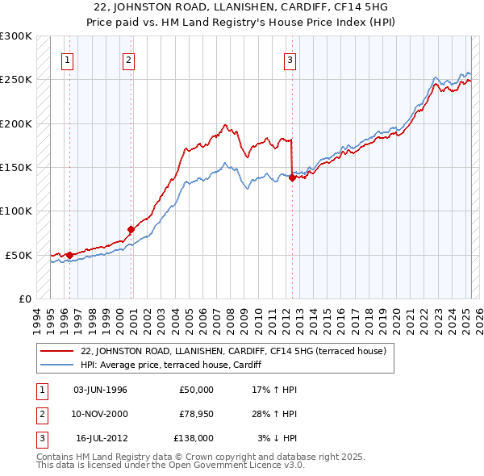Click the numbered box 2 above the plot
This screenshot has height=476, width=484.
pos(128,58)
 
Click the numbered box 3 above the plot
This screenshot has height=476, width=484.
pos(290,58)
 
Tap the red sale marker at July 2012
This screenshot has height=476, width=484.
pos(292,178)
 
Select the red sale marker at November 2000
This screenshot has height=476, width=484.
pos(131,230)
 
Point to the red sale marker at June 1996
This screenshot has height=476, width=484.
pos(69,255)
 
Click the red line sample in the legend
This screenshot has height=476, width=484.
pos(57,351)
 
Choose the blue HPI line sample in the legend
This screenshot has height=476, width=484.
pos(57,364)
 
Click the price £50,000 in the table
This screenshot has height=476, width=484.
pos(195,390)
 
